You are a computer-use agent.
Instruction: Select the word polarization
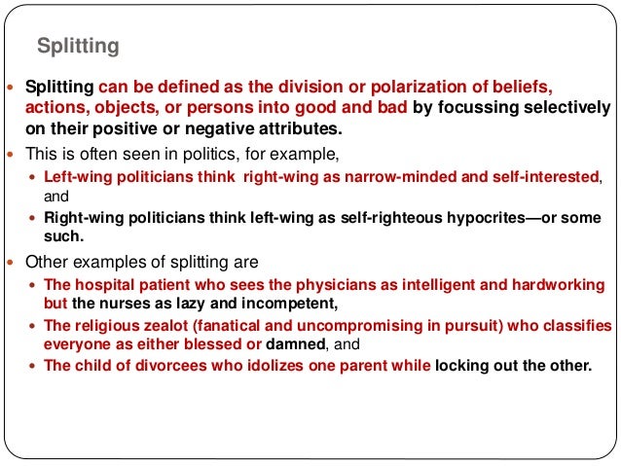tap(423, 86)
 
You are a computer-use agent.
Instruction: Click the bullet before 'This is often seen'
tap(11, 155)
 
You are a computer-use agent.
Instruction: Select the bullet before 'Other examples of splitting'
tap(11, 262)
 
